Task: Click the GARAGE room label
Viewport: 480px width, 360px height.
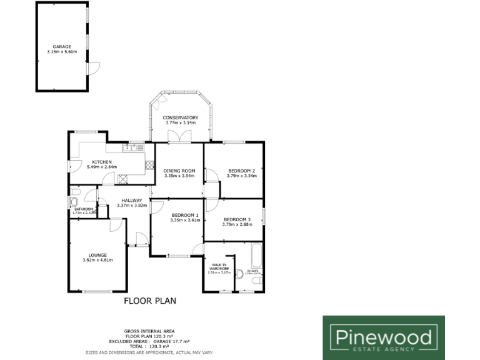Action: click(61, 46)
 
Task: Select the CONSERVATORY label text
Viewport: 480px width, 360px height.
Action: click(181, 117)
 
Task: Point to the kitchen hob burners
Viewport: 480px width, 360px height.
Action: click(150, 165)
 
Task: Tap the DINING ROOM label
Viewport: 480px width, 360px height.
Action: click(179, 171)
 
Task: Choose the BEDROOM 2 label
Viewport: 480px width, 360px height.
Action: click(241, 171)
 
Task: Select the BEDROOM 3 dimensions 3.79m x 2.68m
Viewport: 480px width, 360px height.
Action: click(237, 224)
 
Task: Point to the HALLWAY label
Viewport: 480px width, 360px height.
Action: click(132, 200)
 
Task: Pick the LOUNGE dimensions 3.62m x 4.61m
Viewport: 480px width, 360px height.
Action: click(97, 260)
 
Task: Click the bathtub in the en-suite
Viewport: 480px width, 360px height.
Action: click(256, 257)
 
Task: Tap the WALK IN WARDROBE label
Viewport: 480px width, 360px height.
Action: click(219, 267)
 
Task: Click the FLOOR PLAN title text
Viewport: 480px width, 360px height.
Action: click(150, 301)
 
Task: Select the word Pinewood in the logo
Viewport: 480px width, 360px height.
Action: click(384, 337)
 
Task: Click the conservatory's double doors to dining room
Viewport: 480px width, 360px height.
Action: click(180, 137)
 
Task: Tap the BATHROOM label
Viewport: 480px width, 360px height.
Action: click(84, 209)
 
